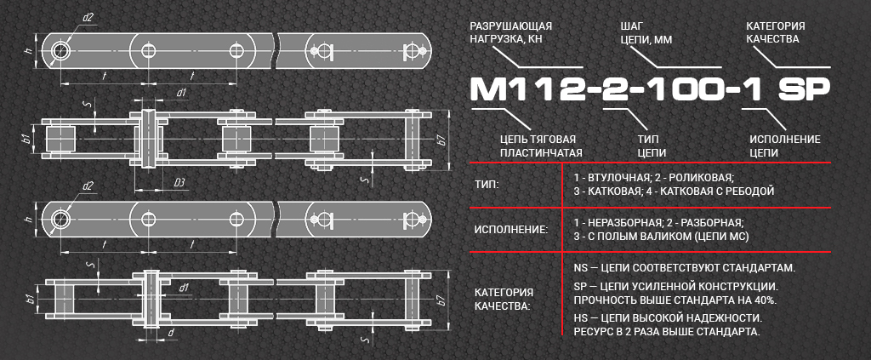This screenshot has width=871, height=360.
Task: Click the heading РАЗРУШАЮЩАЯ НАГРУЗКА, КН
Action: (511, 32)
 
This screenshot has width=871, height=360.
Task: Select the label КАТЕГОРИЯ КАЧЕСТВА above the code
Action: (776, 32)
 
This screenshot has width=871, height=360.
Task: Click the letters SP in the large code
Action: (804, 89)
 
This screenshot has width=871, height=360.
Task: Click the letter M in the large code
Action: (490, 89)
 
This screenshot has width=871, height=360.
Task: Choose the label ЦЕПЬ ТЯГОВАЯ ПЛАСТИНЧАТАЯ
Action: (538, 146)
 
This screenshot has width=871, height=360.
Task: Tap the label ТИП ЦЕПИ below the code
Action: (652, 146)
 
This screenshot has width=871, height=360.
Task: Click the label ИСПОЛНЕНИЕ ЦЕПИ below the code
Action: (784, 146)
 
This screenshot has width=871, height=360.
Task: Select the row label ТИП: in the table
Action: (487, 185)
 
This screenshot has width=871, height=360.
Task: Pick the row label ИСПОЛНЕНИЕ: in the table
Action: (511, 229)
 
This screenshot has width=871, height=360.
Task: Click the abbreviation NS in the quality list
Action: (580, 268)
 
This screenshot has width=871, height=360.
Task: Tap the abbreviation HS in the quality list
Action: (580, 319)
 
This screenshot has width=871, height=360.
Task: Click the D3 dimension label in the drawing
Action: (179, 183)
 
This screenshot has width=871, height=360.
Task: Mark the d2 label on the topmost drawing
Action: (88, 17)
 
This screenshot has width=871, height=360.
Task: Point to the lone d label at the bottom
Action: (170, 333)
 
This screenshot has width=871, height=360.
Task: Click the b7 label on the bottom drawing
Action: (441, 301)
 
